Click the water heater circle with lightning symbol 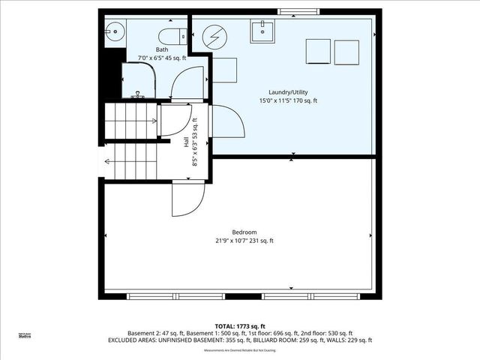[x=214, y=37]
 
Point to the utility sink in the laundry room [x=265, y=30]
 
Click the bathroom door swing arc [x=188, y=82]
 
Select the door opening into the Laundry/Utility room [x=226, y=121]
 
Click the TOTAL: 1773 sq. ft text [x=240, y=326]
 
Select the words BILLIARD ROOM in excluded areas [x=289, y=340]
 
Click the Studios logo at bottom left [x=25, y=336]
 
